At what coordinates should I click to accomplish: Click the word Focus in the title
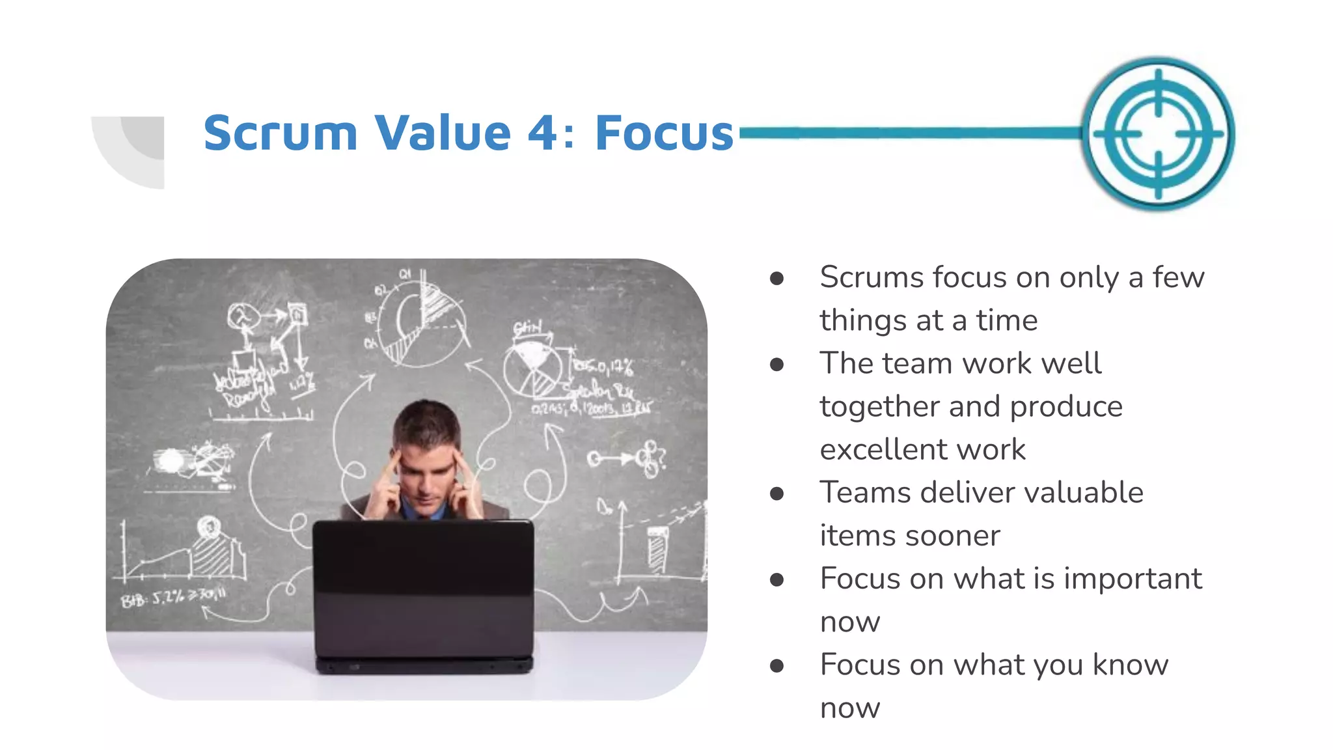click(x=664, y=133)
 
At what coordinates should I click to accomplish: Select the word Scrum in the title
click(x=281, y=133)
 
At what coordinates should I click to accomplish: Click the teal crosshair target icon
click(x=1159, y=133)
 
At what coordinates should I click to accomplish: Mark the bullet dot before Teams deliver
click(x=776, y=494)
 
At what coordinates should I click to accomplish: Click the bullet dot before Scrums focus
click(x=776, y=279)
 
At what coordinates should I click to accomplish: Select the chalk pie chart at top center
click(x=423, y=322)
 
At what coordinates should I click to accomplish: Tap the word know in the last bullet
click(x=1130, y=665)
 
